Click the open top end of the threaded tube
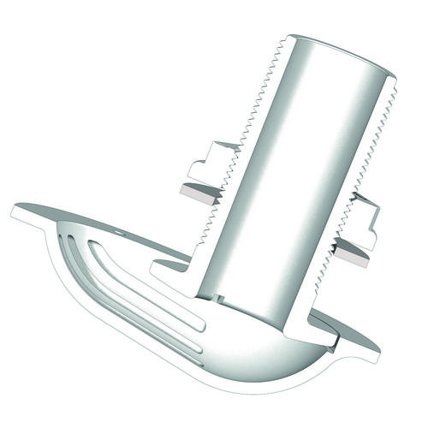pos(342,55)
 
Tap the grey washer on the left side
pos(199,193)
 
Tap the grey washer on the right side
pos(351,253)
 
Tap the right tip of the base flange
pos(377,349)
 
